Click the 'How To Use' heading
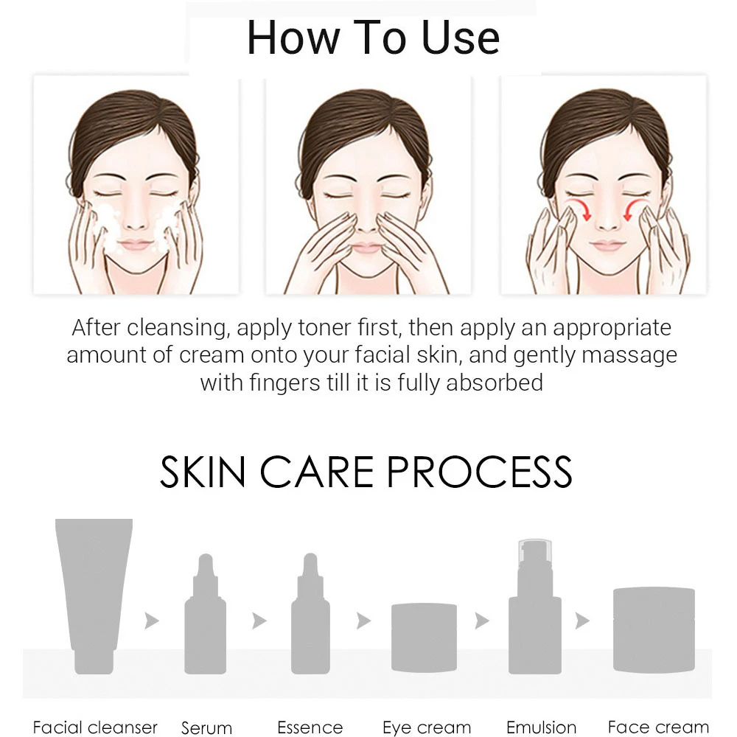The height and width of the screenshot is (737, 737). click(373, 38)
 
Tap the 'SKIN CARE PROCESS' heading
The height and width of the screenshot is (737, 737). click(366, 472)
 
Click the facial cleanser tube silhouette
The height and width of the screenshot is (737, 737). click(94, 590)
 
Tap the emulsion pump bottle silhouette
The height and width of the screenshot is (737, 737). click(534, 612)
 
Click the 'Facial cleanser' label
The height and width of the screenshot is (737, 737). click(95, 727)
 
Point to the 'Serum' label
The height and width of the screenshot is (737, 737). click(207, 728)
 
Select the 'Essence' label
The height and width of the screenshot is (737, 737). click(310, 727)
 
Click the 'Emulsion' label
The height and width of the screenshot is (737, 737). click(541, 727)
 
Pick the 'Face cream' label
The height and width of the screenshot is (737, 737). click(658, 727)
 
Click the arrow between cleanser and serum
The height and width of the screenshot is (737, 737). click(152, 621)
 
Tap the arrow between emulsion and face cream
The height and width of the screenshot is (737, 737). click(582, 621)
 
